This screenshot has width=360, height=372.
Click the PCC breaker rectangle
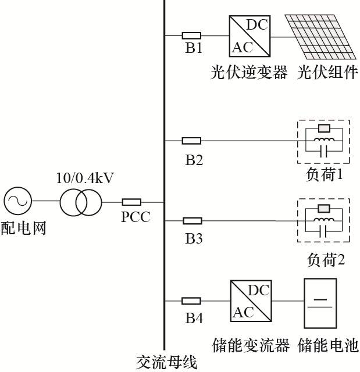(131, 202)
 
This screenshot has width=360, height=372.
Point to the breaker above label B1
(191, 35)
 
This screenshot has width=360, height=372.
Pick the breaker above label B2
(191, 140)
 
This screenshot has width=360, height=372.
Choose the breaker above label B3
(192, 221)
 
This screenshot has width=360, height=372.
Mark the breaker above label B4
(191, 301)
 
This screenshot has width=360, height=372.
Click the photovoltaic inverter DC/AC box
(251, 35)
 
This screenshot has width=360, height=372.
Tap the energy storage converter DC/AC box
(251, 301)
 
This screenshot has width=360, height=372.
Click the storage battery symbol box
(320, 302)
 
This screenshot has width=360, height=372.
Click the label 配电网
(23, 227)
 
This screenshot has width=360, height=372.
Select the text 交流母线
(166, 363)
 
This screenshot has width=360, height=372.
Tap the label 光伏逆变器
(249, 73)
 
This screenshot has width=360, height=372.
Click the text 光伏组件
(328, 73)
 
